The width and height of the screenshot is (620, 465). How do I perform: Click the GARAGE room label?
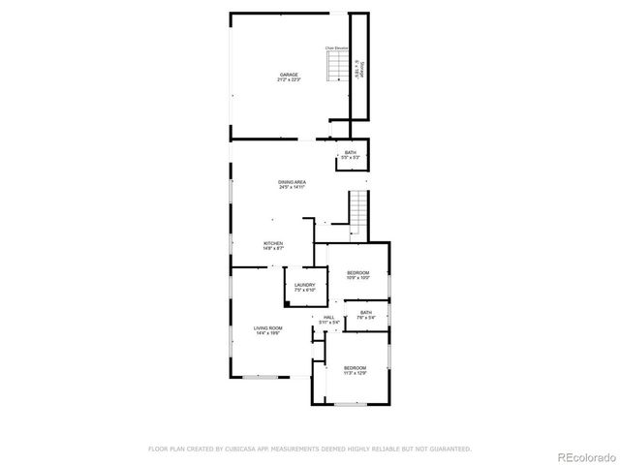tap(288, 75)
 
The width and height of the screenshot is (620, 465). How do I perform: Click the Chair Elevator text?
tap(335, 46)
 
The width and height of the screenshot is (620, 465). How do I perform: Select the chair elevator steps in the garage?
tap(336, 66)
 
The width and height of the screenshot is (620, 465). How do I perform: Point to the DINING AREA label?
tap(292, 182)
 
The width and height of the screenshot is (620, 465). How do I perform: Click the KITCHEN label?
tap(272, 243)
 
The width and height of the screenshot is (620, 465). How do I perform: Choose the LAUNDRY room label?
tap(305, 285)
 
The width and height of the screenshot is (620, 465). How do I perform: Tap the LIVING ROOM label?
tap(267, 329)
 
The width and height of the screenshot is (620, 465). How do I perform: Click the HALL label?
tap(329, 317)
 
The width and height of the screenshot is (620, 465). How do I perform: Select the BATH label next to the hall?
tap(366, 312)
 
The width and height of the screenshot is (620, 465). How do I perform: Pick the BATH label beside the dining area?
tap(350, 153)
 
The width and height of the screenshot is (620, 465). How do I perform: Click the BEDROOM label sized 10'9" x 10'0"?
tap(358, 273)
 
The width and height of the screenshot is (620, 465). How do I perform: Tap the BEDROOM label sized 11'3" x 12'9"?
tap(355, 367)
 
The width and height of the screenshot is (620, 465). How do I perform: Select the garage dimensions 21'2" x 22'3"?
tap(288, 79)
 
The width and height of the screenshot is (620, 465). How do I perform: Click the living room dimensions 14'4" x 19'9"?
tap(267, 334)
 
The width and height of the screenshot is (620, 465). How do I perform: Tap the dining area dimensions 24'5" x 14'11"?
tap(292, 187)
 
